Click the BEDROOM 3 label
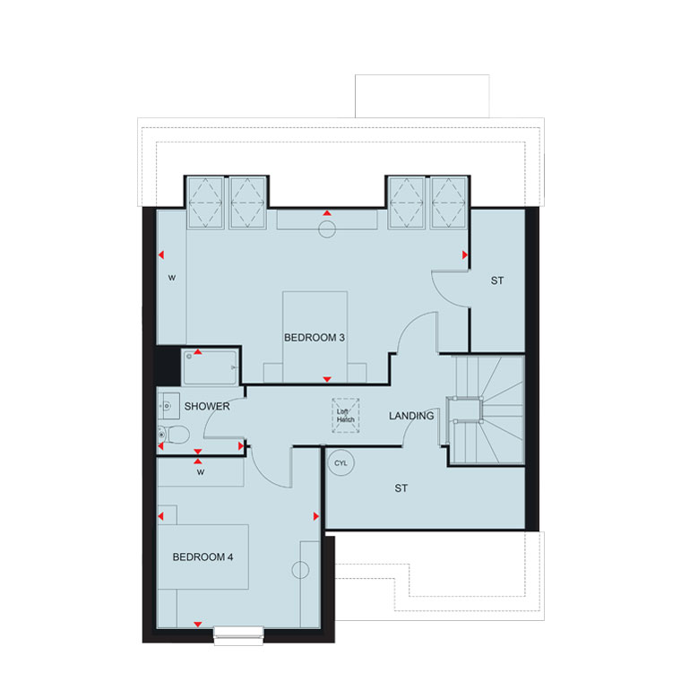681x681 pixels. [x=315, y=338]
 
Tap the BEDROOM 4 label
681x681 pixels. [x=203, y=556]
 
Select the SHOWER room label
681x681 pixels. [x=207, y=407]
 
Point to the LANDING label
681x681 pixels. [x=411, y=416]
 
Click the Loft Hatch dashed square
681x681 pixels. [x=346, y=416]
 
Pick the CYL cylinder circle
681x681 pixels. [x=340, y=463]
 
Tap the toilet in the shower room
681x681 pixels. [x=173, y=434]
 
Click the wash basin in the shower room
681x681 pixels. [x=168, y=406]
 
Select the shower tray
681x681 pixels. [x=211, y=367]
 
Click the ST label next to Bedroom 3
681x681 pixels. [x=497, y=281]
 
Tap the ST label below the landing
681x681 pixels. [x=401, y=488]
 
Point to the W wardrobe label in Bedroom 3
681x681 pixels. [x=172, y=278]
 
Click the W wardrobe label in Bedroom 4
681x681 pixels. [x=200, y=472]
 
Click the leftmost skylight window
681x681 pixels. [x=205, y=203]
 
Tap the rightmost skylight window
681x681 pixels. [x=449, y=203]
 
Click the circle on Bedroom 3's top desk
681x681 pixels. [x=327, y=228]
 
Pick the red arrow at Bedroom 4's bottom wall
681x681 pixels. [x=198, y=625]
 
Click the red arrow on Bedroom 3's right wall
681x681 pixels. [x=465, y=255]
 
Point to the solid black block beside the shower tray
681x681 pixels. [x=168, y=366]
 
